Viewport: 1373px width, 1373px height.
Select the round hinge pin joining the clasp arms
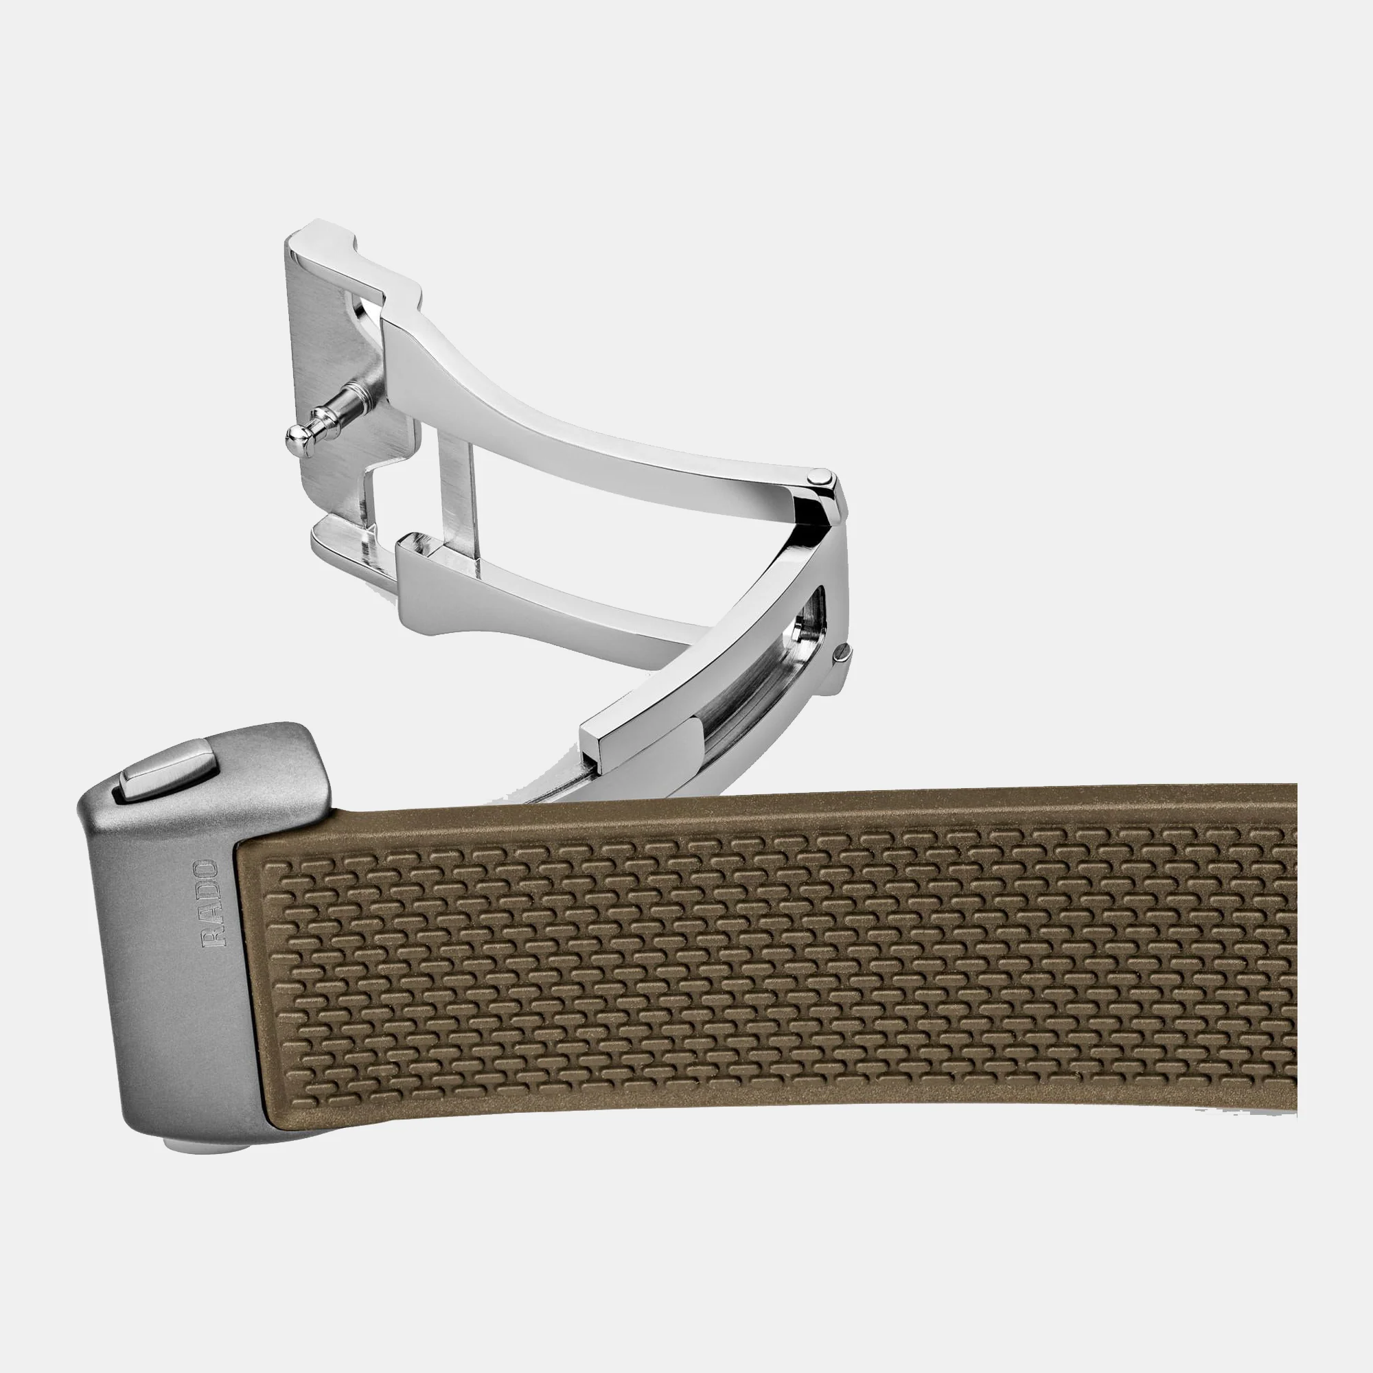[x=821, y=477]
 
